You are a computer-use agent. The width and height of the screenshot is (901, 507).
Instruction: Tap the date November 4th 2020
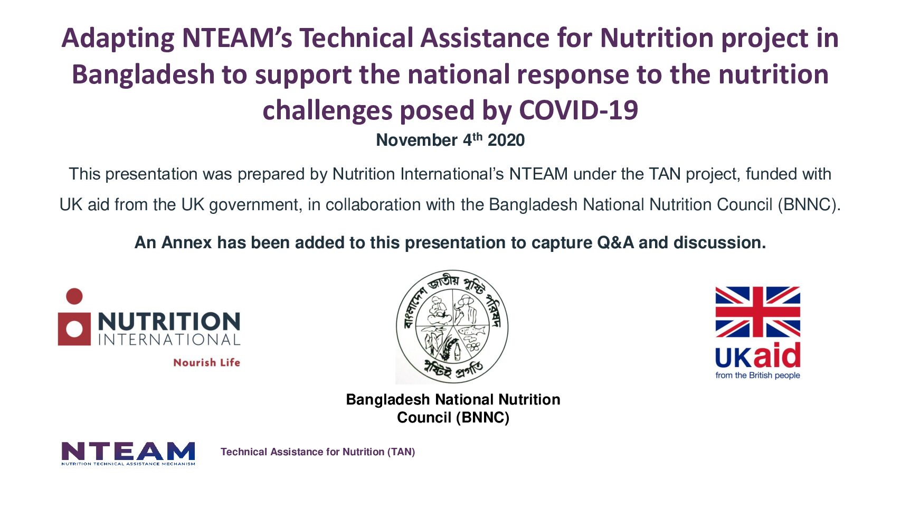[450, 140]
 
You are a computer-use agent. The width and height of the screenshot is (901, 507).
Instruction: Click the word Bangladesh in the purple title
[143, 74]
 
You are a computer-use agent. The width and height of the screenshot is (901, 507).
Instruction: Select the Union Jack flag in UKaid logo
[757, 312]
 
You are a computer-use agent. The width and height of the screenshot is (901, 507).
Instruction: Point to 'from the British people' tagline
[757, 375]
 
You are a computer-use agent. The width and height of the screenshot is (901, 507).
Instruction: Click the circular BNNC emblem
[452, 327]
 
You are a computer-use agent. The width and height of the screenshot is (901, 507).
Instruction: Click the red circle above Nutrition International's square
[74, 296]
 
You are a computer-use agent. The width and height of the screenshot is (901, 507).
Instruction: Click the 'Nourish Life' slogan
[206, 363]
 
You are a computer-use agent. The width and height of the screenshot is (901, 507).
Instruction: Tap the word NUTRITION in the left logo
[169, 322]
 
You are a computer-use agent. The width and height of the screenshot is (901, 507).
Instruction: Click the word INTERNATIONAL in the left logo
[169, 340]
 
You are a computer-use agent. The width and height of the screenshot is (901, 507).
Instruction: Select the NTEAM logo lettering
[128, 452]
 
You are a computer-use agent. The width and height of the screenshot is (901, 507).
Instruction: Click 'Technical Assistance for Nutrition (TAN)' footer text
[318, 452]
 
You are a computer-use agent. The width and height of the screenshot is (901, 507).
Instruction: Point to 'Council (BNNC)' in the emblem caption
[453, 418]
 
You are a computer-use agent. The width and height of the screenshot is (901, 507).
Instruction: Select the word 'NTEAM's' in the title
[237, 39]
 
